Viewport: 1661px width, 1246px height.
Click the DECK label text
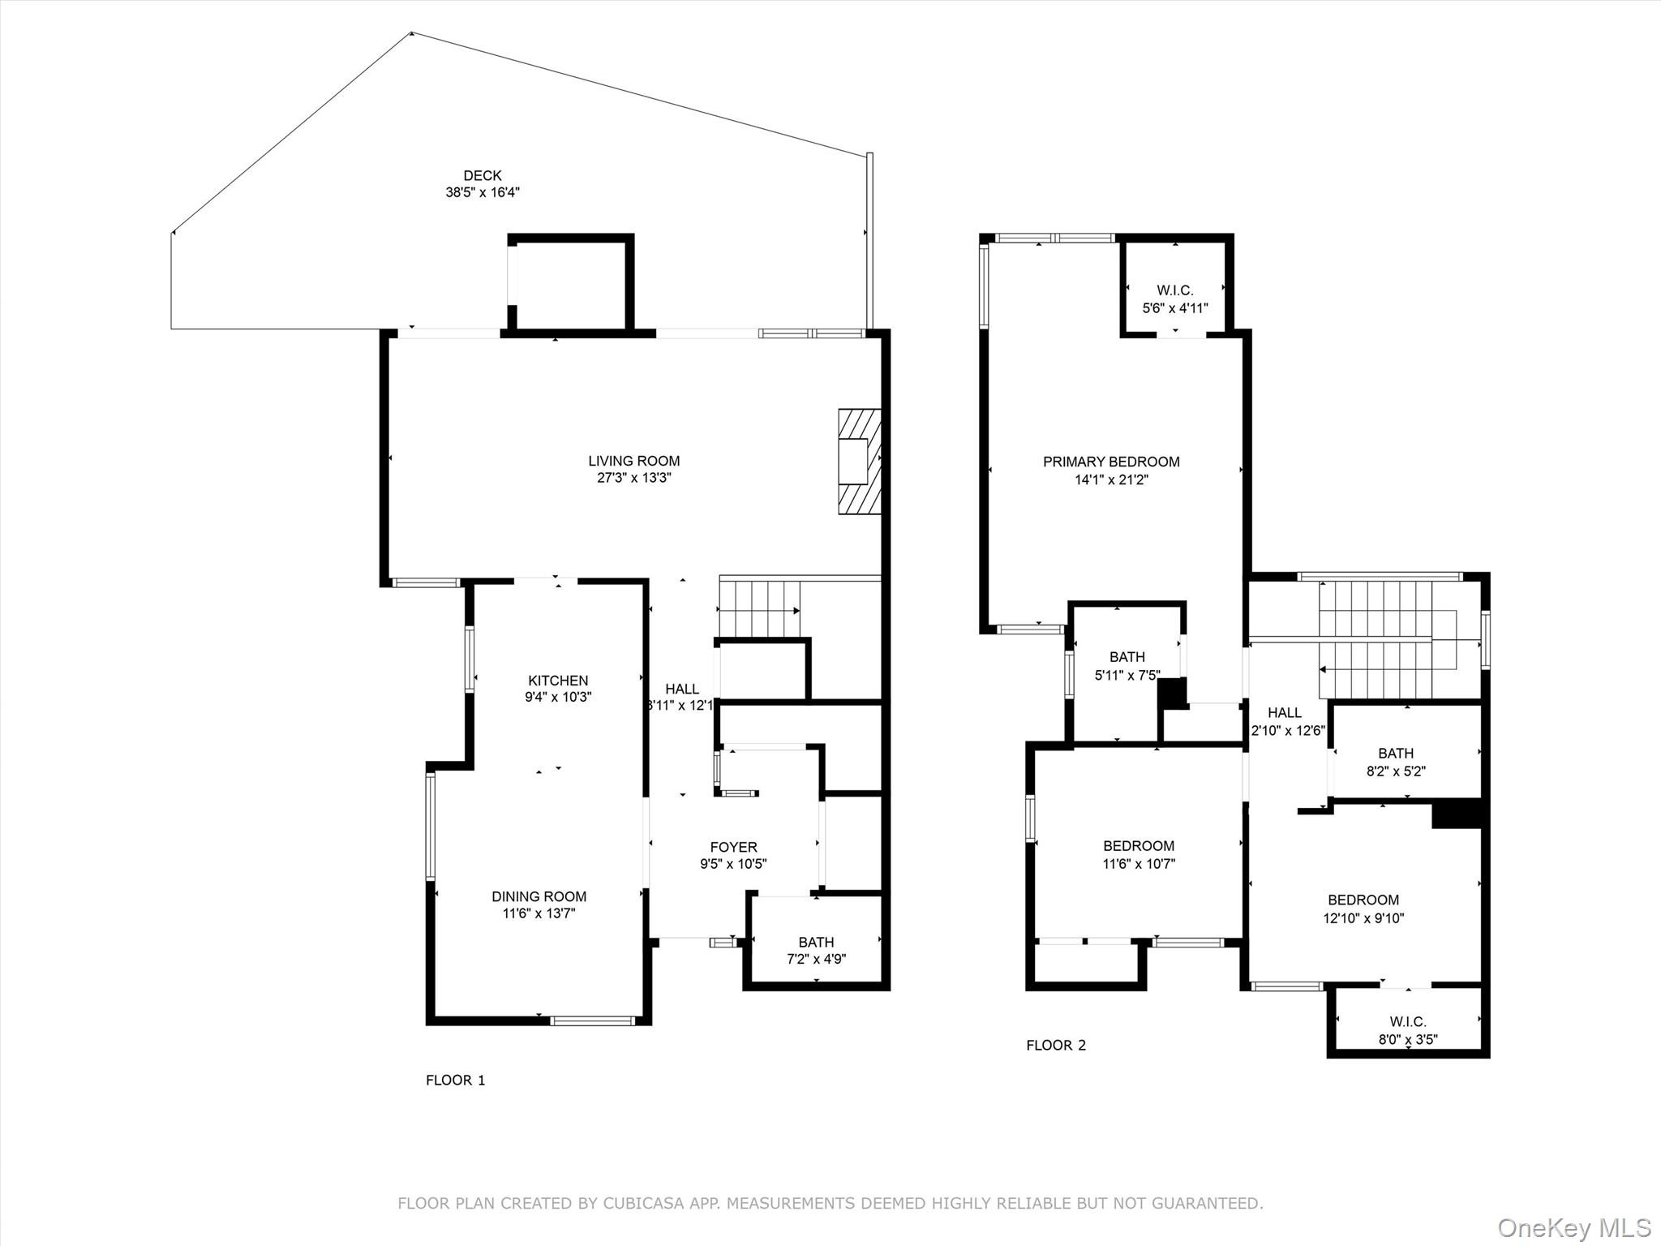click(482, 175)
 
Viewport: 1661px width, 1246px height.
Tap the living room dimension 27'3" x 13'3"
click(633, 479)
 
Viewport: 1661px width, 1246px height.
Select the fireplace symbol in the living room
click(859, 461)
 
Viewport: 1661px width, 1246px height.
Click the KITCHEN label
click(558, 681)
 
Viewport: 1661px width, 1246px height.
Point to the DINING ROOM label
click(539, 896)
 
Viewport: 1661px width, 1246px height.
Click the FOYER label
click(733, 848)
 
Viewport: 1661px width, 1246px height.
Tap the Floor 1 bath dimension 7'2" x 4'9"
click(816, 959)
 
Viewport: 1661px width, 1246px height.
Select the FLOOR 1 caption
click(455, 1080)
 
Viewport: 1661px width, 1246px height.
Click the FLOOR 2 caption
click(1055, 1045)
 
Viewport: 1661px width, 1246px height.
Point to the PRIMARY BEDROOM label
click(1110, 462)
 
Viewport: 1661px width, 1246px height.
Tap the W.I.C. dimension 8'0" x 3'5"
click(1407, 1039)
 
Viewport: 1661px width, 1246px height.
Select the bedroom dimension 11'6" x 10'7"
click(1138, 864)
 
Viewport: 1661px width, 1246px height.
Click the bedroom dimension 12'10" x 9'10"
click(1363, 918)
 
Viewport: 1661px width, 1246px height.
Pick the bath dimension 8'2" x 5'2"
click(1395, 771)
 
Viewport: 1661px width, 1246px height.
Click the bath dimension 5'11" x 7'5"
click(1127, 675)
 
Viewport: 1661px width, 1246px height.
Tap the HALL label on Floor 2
click(1284, 712)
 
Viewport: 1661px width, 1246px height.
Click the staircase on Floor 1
click(759, 608)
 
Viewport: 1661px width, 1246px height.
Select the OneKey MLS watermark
click(1573, 1227)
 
